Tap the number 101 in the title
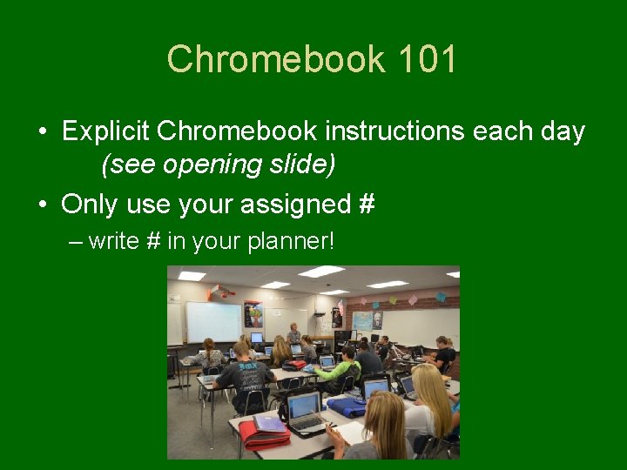[x=427, y=60]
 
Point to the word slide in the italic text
[x=305, y=164]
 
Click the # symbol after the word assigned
[x=367, y=204]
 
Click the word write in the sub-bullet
[x=114, y=241]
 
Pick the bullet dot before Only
[x=43, y=205]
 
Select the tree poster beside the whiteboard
[x=253, y=313]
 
